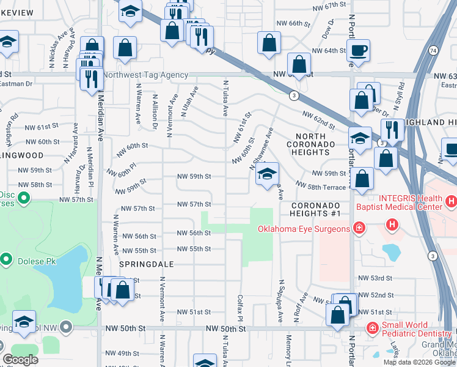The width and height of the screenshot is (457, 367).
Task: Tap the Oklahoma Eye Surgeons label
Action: click(303, 229)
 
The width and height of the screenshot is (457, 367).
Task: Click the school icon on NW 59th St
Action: click(267, 175)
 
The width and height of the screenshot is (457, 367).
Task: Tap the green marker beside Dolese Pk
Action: click(7, 259)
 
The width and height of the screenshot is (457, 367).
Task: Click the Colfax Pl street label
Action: click(240, 310)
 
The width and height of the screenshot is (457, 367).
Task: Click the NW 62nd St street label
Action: click(320, 118)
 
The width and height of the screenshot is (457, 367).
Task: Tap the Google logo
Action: click(21, 360)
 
